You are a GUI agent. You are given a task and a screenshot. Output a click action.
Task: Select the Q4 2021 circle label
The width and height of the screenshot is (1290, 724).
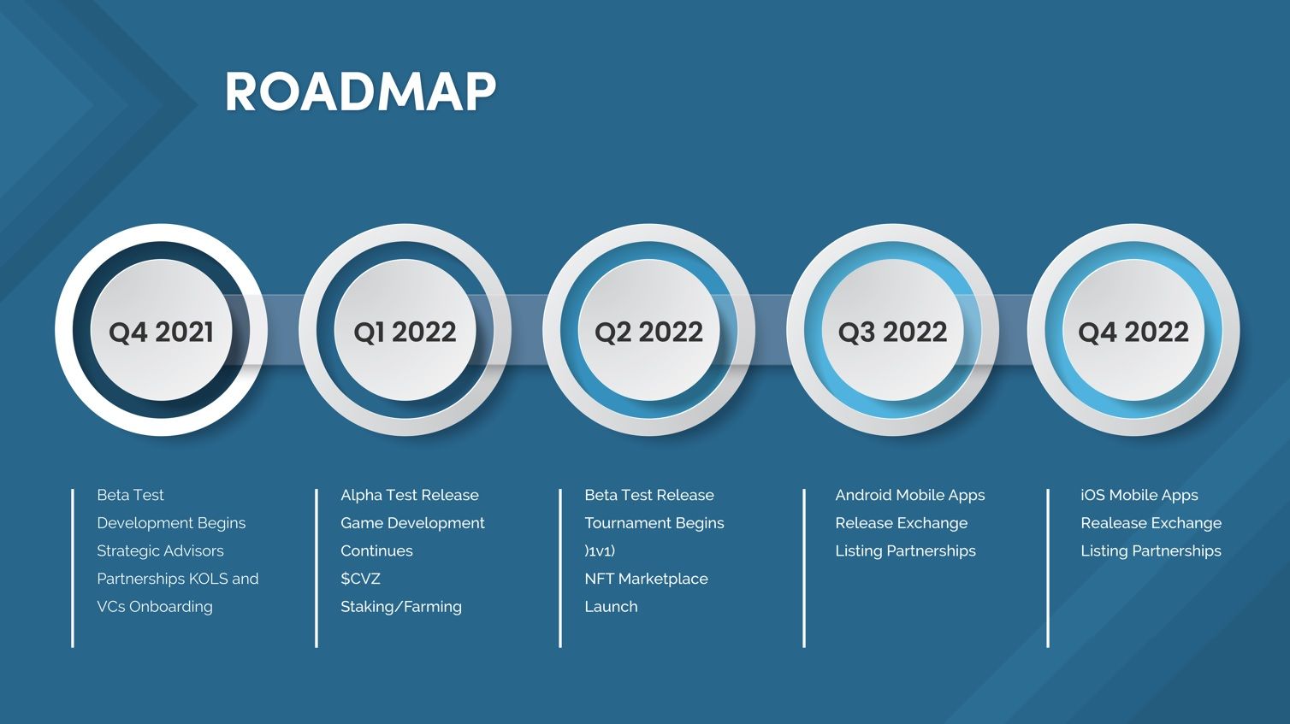[161, 332]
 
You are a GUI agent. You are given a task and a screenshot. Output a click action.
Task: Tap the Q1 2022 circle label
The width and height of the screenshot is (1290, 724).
[405, 332]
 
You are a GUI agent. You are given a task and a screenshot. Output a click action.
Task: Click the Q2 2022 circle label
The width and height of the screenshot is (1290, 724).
[648, 332]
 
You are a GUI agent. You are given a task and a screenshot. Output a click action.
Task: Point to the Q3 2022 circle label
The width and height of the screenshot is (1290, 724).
[892, 332]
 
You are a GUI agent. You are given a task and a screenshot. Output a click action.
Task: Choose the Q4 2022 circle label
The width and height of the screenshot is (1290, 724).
[1133, 332]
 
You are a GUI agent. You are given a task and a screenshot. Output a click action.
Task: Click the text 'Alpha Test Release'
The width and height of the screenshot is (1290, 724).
[410, 495]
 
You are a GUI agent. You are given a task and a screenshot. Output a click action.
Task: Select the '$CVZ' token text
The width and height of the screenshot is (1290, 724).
[360, 579]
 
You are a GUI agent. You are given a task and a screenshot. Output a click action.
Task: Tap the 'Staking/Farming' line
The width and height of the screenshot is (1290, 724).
[401, 607]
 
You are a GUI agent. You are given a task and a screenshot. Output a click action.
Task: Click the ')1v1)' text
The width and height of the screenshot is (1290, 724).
[600, 550]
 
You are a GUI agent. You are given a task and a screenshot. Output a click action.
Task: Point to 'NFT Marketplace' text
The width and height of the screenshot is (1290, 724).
[646, 579]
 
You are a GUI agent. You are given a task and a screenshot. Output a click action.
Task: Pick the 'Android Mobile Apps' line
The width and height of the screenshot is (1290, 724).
[910, 495]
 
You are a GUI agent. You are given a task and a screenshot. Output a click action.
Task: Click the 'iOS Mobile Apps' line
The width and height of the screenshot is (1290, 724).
[1139, 495]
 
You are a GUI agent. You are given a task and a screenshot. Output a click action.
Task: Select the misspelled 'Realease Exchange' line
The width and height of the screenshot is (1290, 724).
[1151, 523]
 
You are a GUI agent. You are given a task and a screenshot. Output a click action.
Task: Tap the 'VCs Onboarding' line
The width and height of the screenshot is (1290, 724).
[154, 607]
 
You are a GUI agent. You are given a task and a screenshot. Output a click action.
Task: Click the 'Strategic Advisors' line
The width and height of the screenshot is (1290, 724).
[160, 550]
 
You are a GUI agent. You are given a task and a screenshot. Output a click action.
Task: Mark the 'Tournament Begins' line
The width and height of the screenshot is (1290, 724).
[654, 523]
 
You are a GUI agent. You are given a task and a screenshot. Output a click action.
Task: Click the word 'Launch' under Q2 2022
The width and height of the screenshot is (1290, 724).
[611, 607]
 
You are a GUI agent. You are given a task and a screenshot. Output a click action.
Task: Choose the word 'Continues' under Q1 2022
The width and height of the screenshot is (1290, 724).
[376, 550]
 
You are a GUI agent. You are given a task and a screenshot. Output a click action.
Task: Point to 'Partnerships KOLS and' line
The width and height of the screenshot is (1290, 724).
[177, 579]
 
